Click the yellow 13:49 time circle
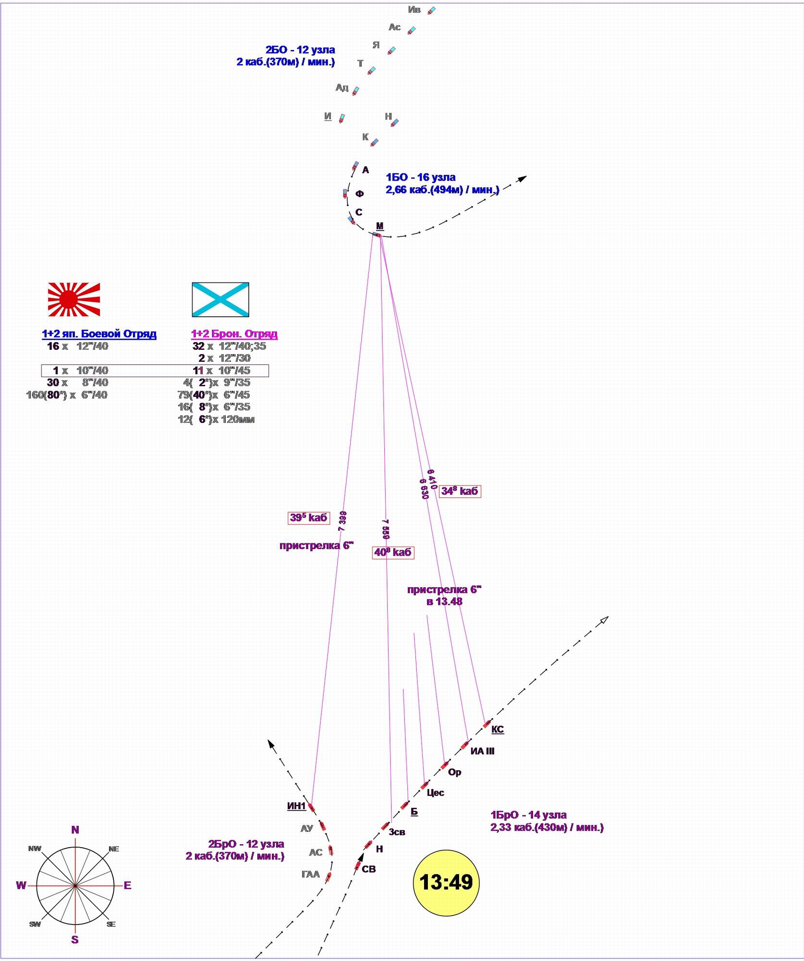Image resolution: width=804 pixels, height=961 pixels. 446,882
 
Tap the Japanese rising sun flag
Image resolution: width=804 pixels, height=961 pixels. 74,299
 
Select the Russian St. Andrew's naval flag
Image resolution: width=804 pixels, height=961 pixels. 220,299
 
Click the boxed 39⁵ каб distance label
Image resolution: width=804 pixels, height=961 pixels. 309,517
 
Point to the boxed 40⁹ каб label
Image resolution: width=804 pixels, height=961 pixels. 393,552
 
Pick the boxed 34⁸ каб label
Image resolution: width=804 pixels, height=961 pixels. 460,491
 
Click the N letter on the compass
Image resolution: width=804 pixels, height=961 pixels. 75,830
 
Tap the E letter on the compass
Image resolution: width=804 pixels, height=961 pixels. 127,886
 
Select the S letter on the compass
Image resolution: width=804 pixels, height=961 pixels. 75,940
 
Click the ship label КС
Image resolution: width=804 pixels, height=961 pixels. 498,729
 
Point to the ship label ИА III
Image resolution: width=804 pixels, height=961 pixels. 482,751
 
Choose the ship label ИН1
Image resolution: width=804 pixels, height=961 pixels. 296,806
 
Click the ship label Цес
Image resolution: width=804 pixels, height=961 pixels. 435,793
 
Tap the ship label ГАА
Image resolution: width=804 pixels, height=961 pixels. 310,874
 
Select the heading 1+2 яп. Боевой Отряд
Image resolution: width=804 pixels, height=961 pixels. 99,334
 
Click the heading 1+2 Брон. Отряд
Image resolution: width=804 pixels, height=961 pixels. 234,334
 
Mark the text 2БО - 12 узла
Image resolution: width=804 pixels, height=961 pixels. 300,50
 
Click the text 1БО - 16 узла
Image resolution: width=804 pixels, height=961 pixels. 421,177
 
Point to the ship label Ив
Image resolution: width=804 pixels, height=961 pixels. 414,10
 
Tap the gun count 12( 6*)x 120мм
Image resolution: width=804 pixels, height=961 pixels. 216,419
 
